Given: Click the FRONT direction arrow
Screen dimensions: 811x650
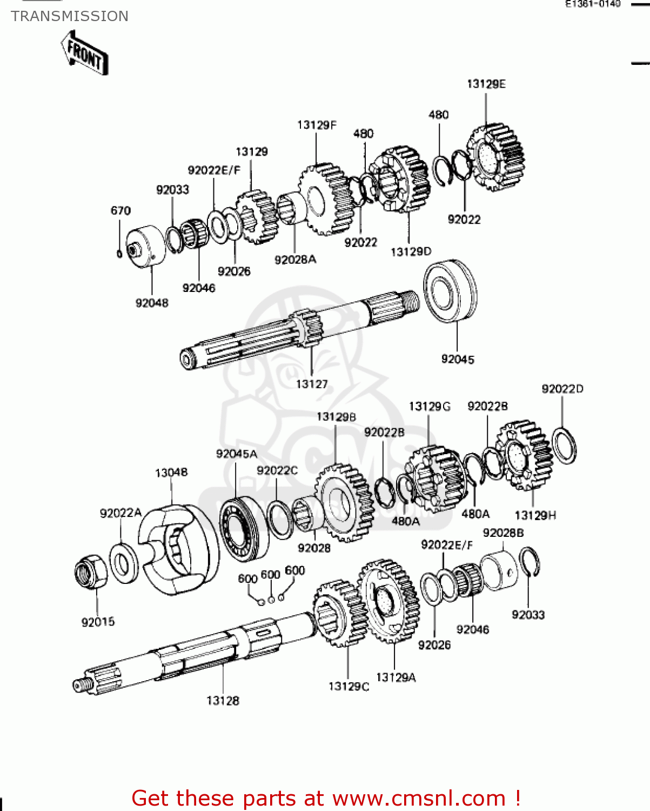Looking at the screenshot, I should (x=85, y=53).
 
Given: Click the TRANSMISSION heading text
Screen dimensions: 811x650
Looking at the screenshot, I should (x=70, y=16).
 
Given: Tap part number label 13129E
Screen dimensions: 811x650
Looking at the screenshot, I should (x=486, y=84).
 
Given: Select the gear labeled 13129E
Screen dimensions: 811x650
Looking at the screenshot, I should (x=496, y=157).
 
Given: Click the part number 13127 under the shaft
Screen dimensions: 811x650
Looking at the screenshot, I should (x=312, y=384).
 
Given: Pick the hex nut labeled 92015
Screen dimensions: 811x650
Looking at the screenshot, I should (x=90, y=573).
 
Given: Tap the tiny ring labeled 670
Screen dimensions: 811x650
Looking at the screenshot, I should (x=119, y=254).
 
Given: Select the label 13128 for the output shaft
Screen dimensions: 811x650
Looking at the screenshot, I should (x=223, y=701).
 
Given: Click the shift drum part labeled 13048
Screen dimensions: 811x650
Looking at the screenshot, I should (x=178, y=549).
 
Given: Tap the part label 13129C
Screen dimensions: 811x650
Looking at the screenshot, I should (x=349, y=686).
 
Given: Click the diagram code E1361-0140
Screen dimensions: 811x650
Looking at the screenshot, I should (x=593, y=4).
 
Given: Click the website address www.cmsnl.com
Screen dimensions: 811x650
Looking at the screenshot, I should (x=418, y=798).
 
